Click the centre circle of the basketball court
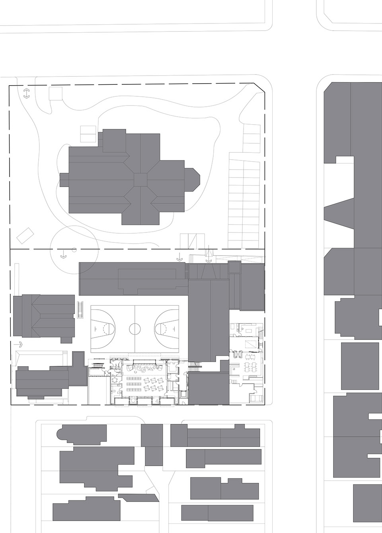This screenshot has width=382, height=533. [135, 329]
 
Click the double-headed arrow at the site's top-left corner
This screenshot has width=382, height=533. [26, 94]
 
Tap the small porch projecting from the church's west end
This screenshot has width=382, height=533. [64, 180]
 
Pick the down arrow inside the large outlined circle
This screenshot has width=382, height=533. [63, 255]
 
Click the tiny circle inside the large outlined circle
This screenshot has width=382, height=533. [74, 250]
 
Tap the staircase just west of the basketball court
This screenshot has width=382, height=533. [81, 310]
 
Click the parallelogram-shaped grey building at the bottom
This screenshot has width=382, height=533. [138, 498]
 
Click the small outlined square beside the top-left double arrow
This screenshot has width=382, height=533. [56, 94]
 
